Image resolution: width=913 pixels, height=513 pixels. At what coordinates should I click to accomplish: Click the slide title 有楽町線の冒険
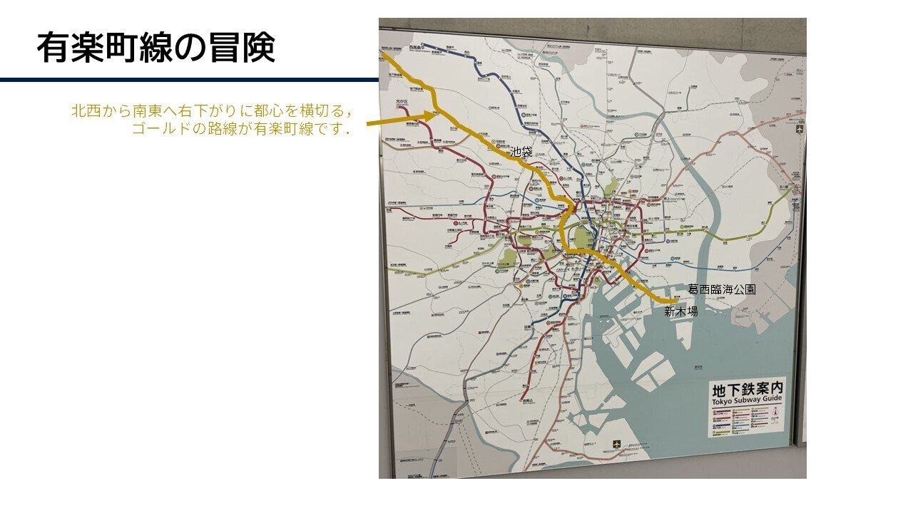click(155, 48)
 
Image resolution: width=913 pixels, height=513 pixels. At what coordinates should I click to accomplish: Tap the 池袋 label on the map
click(521, 152)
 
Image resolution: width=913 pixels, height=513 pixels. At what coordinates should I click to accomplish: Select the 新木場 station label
click(680, 311)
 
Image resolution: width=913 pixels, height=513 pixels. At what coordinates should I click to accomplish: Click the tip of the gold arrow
click(437, 114)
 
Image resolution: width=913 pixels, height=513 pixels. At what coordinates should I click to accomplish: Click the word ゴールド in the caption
click(158, 129)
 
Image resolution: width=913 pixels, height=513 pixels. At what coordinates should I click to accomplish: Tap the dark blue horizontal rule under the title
click(189, 80)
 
